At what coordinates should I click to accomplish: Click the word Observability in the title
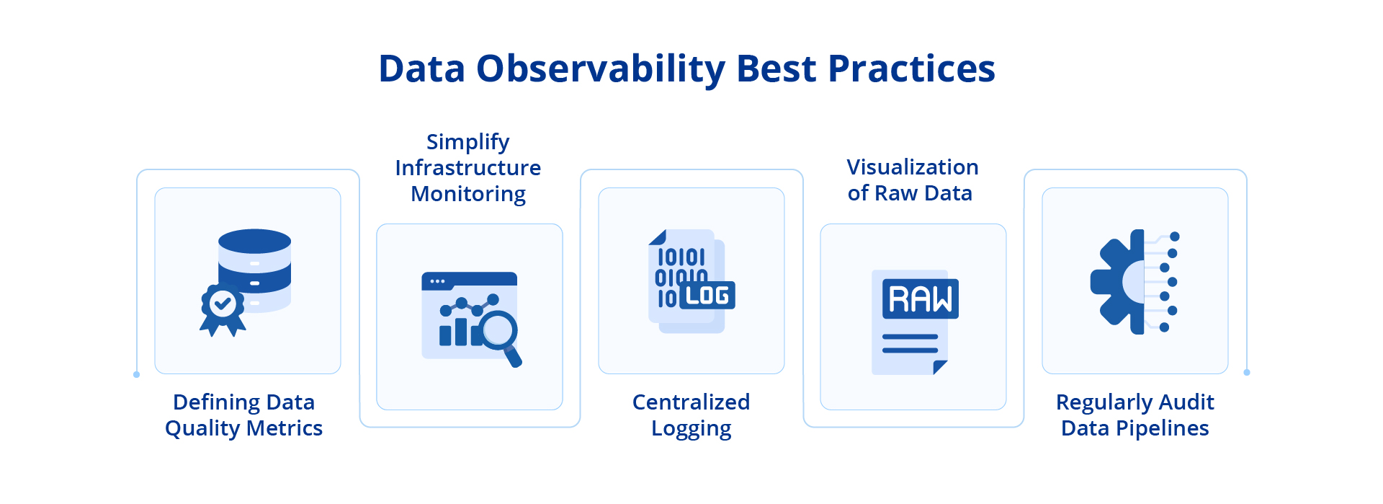click(601, 69)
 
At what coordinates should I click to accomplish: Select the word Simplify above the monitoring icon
click(467, 143)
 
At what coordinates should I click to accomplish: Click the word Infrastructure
click(467, 168)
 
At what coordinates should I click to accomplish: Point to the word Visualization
click(912, 167)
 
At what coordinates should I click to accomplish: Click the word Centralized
click(691, 402)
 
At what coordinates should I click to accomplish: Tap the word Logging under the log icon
click(691, 429)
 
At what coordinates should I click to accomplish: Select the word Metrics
click(285, 428)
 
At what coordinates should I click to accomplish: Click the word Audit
click(1186, 402)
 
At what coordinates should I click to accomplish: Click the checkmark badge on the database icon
click(223, 304)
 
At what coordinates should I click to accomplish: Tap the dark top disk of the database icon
click(254, 241)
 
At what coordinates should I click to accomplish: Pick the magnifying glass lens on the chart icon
click(498, 330)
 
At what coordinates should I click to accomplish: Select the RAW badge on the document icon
click(920, 299)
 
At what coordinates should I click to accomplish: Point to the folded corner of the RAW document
click(939, 367)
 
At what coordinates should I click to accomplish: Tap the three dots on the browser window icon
click(437, 281)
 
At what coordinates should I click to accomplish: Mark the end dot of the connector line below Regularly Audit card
click(1247, 373)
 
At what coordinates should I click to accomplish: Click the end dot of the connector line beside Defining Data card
click(136, 375)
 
